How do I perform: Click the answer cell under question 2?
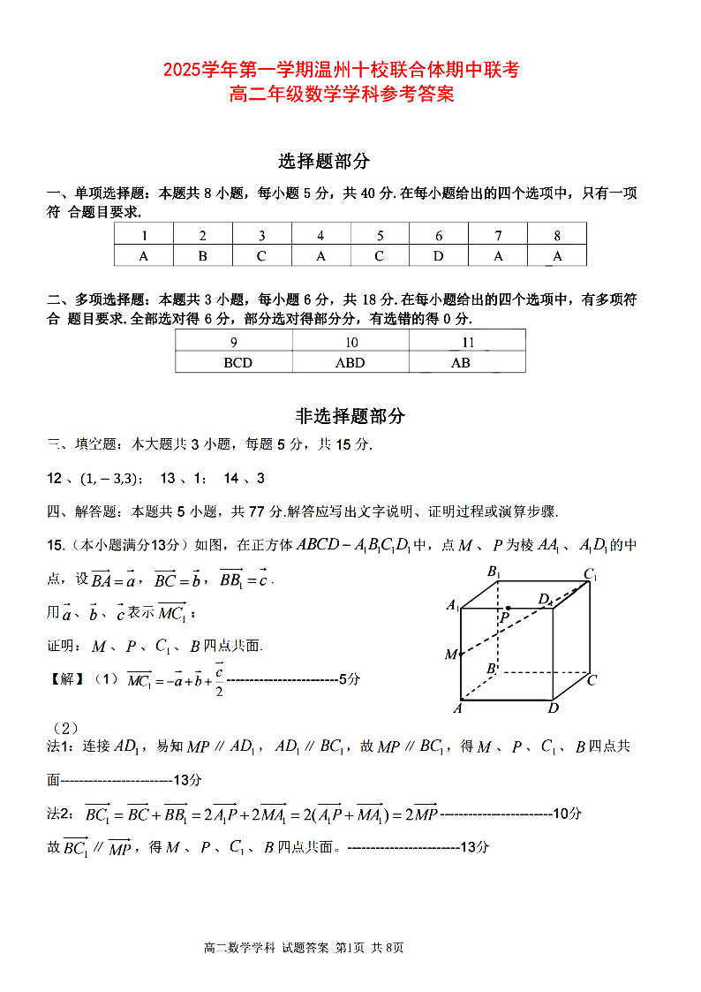click(x=202, y=256)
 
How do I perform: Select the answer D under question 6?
click(x=439, y=256)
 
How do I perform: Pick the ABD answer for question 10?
click(x=350, y=362)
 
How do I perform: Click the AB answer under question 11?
click(x=460, y=362)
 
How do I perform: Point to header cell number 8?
click(x=557, y=236)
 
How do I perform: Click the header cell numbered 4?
click(x=320, y=236)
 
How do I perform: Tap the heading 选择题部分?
click(x=324, y=161)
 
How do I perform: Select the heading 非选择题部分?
click(x=350, y=416)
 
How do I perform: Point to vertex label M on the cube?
click(x=450, y=655)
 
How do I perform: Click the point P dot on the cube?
click(x=508, y=608)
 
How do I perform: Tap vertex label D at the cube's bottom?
click(x=554, y=708)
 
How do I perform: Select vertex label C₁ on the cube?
click(x=590, y=575)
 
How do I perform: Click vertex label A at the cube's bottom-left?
click(x=458, y=708)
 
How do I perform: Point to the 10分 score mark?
click(x=565, y=814)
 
